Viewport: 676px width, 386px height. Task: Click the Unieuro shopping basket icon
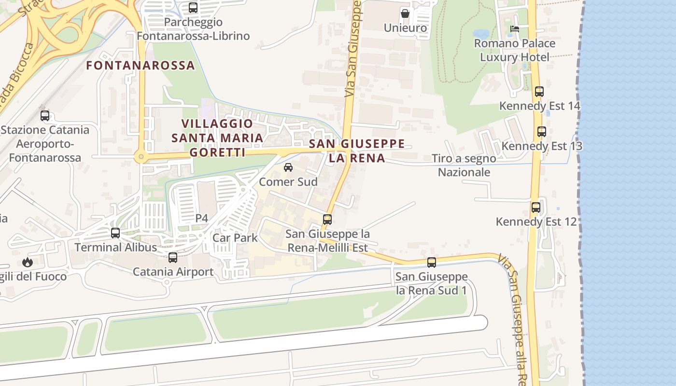point(405,14)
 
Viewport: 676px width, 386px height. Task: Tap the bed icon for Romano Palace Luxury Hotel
point(515,29)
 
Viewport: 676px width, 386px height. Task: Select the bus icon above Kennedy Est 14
point(539,91)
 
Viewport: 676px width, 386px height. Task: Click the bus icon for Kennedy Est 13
point(542,131)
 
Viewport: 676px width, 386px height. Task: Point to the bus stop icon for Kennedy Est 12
point(536,207)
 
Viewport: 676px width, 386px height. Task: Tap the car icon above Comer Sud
point(288,167)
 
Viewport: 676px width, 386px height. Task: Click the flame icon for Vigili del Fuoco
point(27,262)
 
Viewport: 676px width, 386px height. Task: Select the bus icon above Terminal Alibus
point(115,233)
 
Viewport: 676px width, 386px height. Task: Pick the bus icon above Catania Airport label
point(173,257)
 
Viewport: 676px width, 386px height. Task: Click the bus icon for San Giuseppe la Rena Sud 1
point(432,262)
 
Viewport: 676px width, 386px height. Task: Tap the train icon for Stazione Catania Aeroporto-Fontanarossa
point(45,116)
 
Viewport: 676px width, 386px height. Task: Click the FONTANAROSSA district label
point(141,65)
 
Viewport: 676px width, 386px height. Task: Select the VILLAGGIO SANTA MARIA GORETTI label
point(218,138)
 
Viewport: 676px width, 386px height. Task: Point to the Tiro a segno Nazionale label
point(464,165)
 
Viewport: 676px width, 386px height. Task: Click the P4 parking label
point(201,219)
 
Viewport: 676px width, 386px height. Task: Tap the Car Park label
point(235,238)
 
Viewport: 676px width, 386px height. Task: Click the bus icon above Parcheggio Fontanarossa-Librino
point(193,8)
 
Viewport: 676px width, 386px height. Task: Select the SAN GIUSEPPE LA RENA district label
point(357,151)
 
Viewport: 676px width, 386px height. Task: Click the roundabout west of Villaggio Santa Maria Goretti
point(141,156)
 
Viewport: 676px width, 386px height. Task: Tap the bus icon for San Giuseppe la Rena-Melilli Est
point(327,220)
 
